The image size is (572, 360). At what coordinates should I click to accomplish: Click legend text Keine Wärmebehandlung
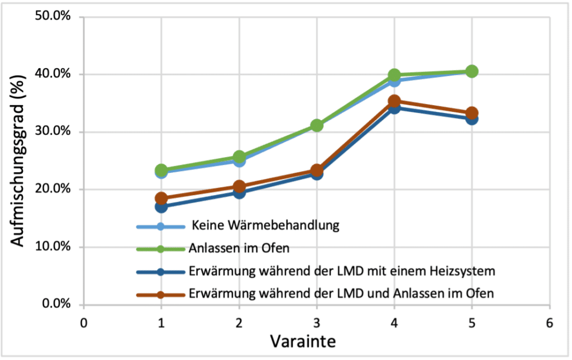266,226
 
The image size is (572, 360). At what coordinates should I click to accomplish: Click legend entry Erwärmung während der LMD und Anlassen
341,293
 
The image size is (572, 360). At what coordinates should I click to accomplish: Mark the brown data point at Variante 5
472,113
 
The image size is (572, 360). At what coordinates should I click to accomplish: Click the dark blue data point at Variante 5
472,119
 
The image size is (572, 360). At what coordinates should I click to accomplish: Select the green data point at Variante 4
394,75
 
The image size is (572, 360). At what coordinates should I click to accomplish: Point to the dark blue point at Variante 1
161,207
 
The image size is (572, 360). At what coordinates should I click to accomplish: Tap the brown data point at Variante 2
239,186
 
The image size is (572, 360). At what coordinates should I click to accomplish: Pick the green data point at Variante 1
161,169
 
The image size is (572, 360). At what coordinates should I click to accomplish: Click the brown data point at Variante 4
394,101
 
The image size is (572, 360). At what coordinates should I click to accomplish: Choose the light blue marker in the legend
161,226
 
